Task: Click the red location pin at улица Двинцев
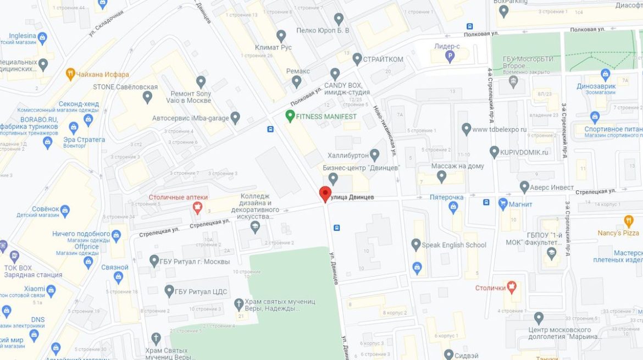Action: (325, 194)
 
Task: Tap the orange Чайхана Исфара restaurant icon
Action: (70, 74)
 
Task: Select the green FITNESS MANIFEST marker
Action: (290, 116)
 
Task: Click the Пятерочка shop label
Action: (446, 197)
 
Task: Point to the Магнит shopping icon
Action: (503, 204)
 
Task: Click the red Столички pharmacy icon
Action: (512, 287)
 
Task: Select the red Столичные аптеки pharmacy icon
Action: (197, 207)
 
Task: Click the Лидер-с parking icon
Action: (450, 56)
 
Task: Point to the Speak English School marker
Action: (416, 245)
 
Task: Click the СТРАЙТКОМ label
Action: (383, 59)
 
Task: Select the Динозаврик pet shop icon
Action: (606, 74)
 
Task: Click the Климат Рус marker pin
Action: (281, 36)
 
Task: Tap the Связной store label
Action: (114, 268)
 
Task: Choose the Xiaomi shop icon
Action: (51, 289)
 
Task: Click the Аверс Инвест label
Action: (551, 187)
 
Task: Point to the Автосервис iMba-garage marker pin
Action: (235, 117)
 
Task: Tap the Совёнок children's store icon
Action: (65, 209)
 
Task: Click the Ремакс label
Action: (298, 71)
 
